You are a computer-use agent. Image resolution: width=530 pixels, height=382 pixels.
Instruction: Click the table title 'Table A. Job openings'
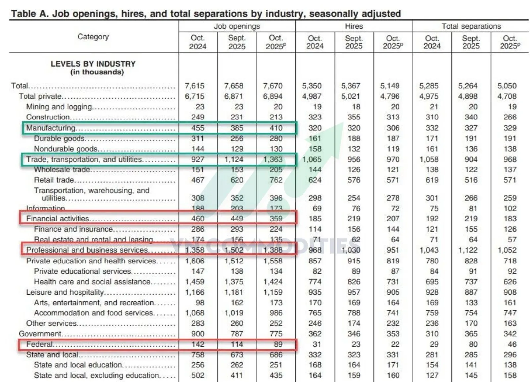pyautogui.click(x=206, y=14)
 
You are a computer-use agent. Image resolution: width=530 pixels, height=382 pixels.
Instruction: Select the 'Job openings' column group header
pyautogui.click(x=237, y=26)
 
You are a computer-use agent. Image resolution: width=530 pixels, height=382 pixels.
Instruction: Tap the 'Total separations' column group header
pyautogui.click(x=471, y=26)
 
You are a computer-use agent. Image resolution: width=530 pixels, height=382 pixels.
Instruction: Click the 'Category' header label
pyautogui.click(x=93, y=37)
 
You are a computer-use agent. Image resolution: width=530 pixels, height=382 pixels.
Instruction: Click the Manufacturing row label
pyautogui.click(x=51, y=128)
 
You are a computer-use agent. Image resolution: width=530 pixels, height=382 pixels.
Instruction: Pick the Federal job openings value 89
pyautogui.click(x=278, y=344)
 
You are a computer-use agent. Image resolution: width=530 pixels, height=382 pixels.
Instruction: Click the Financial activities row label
pyautogui.click(x=58, y=219)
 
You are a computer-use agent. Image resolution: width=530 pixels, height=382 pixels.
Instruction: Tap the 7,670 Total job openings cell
pyautogui.click(x=273, y=86)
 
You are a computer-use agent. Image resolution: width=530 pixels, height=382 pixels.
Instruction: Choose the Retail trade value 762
pyautogui.click(x=276, y=180)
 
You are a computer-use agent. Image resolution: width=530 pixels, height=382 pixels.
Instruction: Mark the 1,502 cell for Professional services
pyautogui.click(x=234, y=250)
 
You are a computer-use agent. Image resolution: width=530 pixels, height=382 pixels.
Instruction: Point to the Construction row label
pyautogui.click(x=48, y=117)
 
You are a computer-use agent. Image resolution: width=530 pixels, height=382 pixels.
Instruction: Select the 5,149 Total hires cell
pyautogui.click(x=390, y=86)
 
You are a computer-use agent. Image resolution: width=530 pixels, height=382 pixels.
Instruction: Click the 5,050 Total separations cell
pyautogui.click(x=507, y=86)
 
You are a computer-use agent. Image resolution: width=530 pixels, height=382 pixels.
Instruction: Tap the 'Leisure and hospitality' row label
pyautogui.click(x=65, y=292)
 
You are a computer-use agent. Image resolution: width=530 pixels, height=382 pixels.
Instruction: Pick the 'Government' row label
pyautogui.click(x=40, y=334)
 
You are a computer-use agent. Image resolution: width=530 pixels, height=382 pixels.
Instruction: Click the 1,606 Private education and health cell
pyautogui.click(x=195, y=261)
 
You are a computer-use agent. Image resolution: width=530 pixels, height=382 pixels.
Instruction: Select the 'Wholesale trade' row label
pyautogui.click(x=62, y=170)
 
